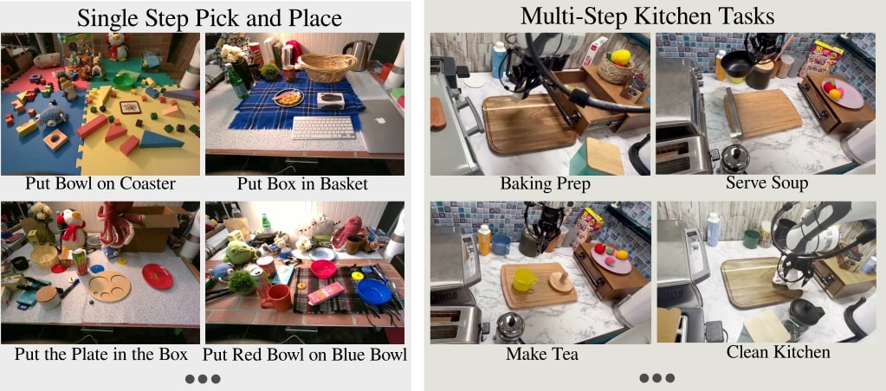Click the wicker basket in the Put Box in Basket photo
click(x=327, y=67)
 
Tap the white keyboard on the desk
click(x=324, y=127)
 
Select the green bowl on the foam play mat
click(x=124, y=81)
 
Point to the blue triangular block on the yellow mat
click(x=160, y=139)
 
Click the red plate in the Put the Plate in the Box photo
click(x=158, y=276)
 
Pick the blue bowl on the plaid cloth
click(x=373, y=292)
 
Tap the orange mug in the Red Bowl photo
click(x=275, y=298)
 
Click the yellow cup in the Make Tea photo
click(x=524, y=280)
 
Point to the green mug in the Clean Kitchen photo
click(x=751, y=239)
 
